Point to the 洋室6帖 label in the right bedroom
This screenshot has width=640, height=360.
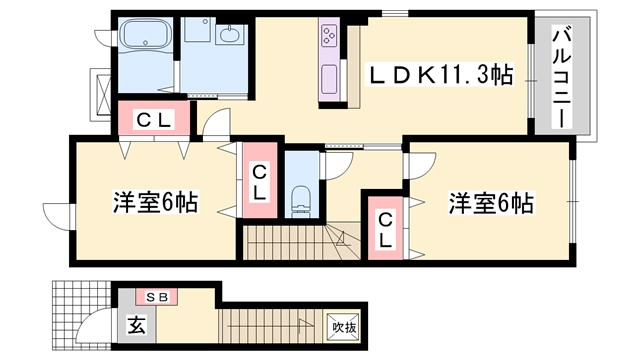pyautogui.click(x=489, y=203)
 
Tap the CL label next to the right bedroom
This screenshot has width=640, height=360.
pyautogui.click(x=385, y=229)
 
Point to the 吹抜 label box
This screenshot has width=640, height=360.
pyautogui.click(x=342, y=326)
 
